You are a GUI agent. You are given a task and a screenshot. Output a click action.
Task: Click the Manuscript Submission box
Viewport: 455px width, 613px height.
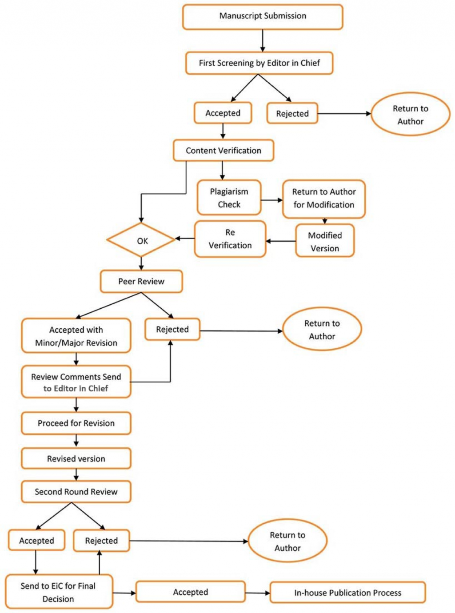point(263,16)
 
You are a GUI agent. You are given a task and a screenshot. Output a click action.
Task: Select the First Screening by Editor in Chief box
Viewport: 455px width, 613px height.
point(259,63)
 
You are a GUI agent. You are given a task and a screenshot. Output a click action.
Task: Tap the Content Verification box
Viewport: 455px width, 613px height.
point(223,151)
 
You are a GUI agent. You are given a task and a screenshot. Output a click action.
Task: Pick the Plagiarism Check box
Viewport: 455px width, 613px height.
point(229,198)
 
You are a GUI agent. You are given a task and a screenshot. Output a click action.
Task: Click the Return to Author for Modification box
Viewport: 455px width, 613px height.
point(323,199)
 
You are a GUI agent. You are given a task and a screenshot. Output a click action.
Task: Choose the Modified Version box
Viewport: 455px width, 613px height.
point(325,241)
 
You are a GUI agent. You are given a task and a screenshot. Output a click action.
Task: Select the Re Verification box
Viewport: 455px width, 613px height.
point(230,239)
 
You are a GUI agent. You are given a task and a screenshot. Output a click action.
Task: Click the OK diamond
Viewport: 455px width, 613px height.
point(141,240)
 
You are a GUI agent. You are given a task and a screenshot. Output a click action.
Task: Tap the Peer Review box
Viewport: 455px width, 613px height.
point(141,281)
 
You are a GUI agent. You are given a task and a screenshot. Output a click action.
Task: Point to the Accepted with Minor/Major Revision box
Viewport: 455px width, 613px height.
point(76,336)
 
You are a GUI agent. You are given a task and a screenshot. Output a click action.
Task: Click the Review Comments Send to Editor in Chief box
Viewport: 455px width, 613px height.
point(76,382)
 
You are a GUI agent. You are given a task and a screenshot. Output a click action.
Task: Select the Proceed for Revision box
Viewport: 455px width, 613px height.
point(76,423)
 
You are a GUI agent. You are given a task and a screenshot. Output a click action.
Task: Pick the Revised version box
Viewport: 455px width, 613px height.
point(76,458)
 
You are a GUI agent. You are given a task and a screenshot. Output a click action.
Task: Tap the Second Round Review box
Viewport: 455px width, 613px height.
point(76,492)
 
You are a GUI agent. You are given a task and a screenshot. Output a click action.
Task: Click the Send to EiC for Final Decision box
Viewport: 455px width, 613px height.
point(59,592)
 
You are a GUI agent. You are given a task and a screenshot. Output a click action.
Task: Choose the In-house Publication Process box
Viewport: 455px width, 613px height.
point(347,593)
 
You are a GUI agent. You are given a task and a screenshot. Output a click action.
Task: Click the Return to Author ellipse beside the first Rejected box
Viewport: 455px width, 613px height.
point(410,115)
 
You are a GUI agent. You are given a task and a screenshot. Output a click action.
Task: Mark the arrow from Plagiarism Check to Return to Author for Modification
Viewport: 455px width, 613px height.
point(271,200)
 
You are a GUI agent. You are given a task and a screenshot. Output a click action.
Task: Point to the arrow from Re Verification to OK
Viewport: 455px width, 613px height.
point(185,239)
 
